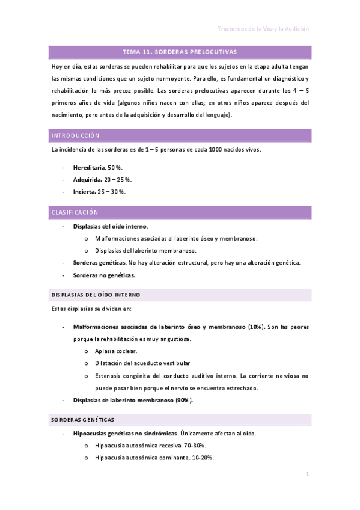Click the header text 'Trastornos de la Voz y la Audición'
[x=263, y=29]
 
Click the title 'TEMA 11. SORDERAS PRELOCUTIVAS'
[x=180, y=52]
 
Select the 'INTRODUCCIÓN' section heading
[x=76, y=135]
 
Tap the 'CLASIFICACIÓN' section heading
[x=75, y=212]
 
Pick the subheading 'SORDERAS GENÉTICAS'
[x=83, y=419]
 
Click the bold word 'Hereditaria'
[x=90, y=167]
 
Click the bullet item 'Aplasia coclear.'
[x=116, y=351]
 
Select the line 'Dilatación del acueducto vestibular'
[x=142, y=363]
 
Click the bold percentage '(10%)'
[x=257, y=327]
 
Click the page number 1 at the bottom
[x=307, y=475]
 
